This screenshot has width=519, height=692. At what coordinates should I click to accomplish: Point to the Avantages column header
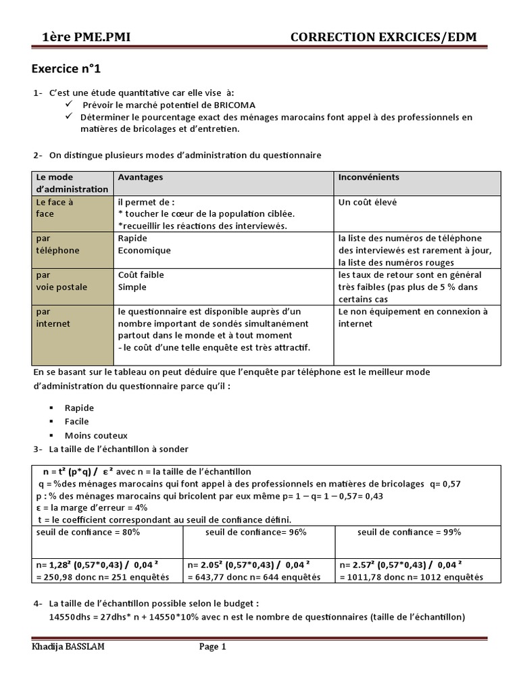click(141, 177)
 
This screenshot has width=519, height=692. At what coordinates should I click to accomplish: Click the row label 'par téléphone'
click(57, 244)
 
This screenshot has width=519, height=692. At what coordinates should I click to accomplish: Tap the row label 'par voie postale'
click(61, 281)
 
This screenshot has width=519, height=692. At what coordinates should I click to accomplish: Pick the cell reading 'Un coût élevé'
click(368, 202)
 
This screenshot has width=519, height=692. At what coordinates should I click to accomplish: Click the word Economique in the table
click(144, 250)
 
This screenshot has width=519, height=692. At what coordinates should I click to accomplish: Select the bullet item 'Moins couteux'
click(96, 436)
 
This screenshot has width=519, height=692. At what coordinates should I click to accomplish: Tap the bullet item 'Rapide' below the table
click(79, 408)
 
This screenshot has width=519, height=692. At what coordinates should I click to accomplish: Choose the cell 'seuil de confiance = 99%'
click(409, 532)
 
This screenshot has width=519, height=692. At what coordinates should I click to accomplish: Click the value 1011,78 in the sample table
click(362, 577)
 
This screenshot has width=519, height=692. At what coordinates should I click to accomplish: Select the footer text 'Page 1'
click(213, 647)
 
